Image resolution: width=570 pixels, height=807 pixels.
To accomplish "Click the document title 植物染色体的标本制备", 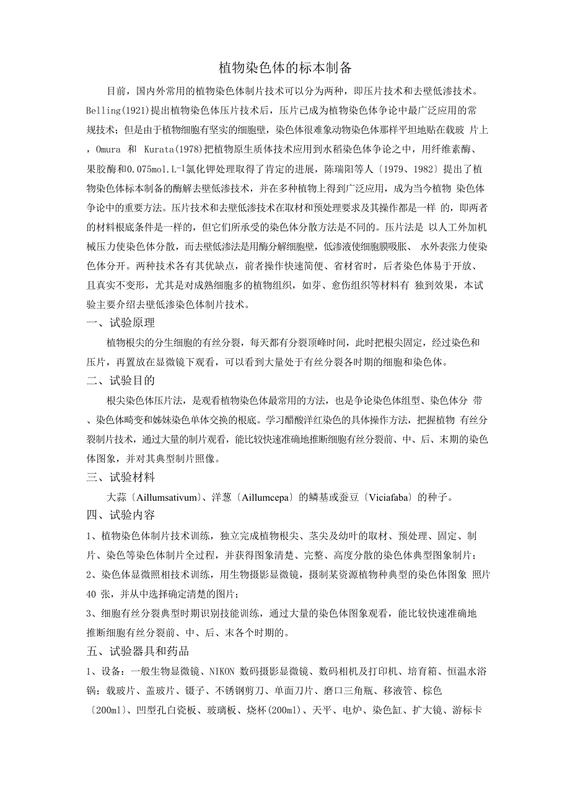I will coord(285,68).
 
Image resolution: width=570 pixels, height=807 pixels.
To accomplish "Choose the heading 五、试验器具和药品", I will coord(138,651).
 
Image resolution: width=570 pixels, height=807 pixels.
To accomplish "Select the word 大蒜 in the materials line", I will coord(116,496).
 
